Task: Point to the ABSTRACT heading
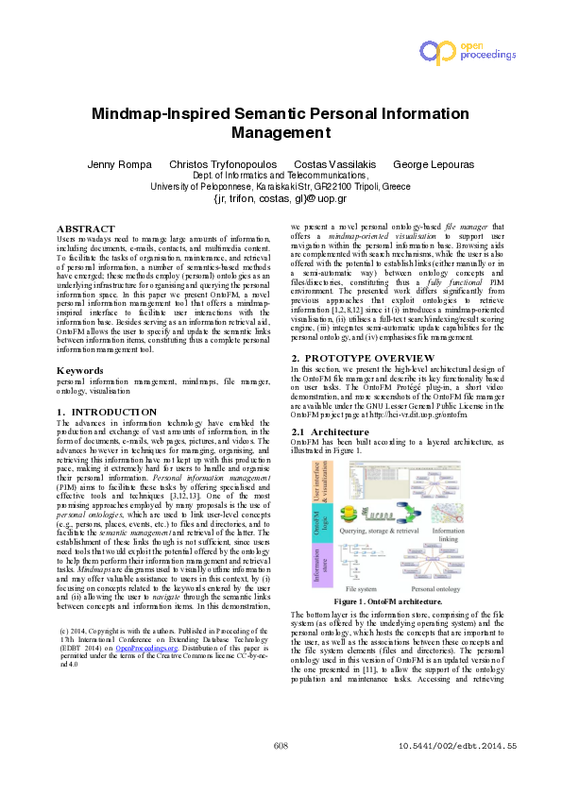click(x=86, y=229)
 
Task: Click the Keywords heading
click(x=80, y=371)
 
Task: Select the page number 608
click(x=280, y=772)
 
